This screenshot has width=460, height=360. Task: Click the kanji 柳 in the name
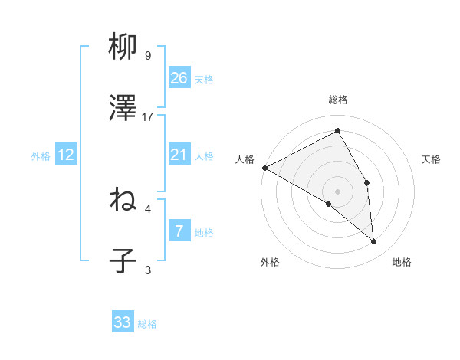(x=123, y=49)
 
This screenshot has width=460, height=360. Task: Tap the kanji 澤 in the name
(x=123, y=110)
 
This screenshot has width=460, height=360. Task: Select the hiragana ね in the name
(x=123, y=201)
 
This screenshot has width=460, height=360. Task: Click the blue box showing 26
(x=179, y=78)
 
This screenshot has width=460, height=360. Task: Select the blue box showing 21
(x=179, y=155)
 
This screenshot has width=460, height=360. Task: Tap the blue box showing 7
(x=179, y=231)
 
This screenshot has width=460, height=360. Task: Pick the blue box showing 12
(x=66, y=155)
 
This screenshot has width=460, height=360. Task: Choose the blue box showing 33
(x=123, y=322)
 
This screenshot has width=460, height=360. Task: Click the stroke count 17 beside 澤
(x=148, y=117)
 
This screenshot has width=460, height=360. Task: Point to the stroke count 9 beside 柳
(x=148, y=56)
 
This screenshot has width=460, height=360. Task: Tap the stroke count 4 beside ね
(x=148, y=208)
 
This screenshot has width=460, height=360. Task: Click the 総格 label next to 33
(x=147, y=324)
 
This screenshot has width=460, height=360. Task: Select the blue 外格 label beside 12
(x=41, y=156)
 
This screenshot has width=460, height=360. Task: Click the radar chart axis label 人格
(x=245, y=159)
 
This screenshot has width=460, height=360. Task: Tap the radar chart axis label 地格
(x=402, y=263)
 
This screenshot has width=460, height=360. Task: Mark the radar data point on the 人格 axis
(x=264, y=167)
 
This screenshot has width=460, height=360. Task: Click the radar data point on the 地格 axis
(x=373, y=241)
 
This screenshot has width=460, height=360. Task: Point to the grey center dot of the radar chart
(x=337, y=191)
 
